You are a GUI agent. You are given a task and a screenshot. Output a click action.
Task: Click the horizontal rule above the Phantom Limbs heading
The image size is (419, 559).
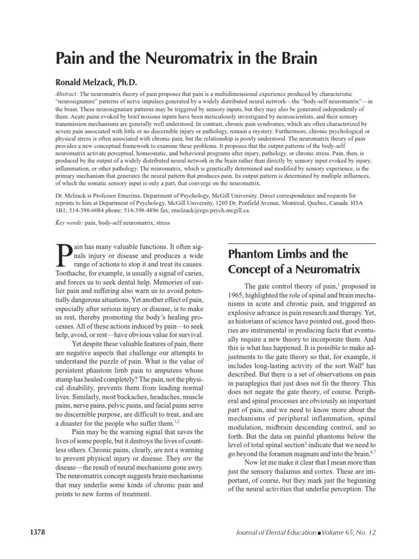pyautogui.click(x=301, y=243)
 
